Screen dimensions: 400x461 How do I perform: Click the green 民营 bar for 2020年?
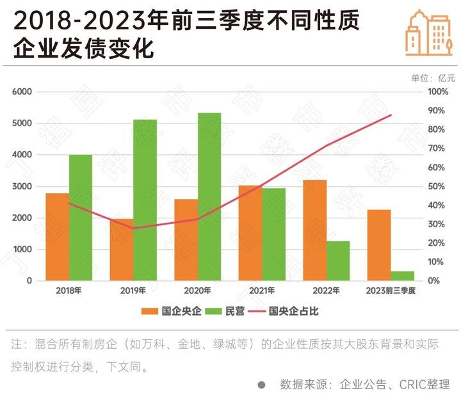click(x=209, y=197)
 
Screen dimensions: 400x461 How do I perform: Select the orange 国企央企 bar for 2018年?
click(x=57, y=237)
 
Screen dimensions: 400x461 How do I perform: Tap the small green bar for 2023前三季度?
click(x=403, y=276)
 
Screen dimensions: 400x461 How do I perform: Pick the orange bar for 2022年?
click(x=314, y=230)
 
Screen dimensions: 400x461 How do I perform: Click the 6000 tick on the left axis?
click(x=22, y=92)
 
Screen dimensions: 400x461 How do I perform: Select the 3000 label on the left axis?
click(x=22, y=187)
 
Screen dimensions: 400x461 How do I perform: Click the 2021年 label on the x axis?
click(x=262, y=291)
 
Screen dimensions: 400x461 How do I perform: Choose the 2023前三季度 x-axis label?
click(x=391, y=291)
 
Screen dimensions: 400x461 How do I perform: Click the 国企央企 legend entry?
click(x=172, y=312)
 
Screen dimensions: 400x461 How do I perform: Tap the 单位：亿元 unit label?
click(x=433, y=78)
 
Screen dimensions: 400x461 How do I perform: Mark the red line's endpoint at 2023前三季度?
click(x=391, y=115)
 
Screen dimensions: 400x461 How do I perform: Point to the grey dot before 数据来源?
click(x=261, y=385)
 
